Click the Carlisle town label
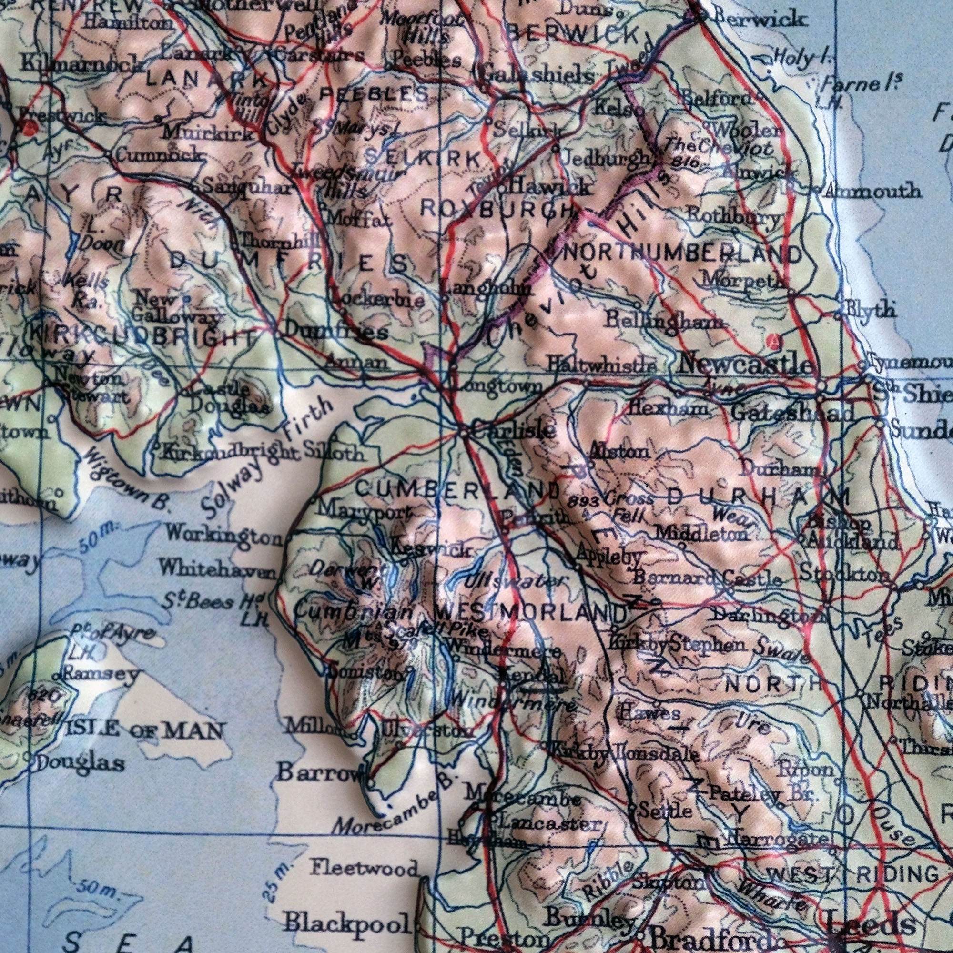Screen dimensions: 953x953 pyautogui.click(x=514, y=430)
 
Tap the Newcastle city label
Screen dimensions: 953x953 pyautogui.click(x=745, y=365)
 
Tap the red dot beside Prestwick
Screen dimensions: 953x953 pyautogui.click(x=30, y=128)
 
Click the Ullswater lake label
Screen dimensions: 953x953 pyautogui.click(x=513, y=581)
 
